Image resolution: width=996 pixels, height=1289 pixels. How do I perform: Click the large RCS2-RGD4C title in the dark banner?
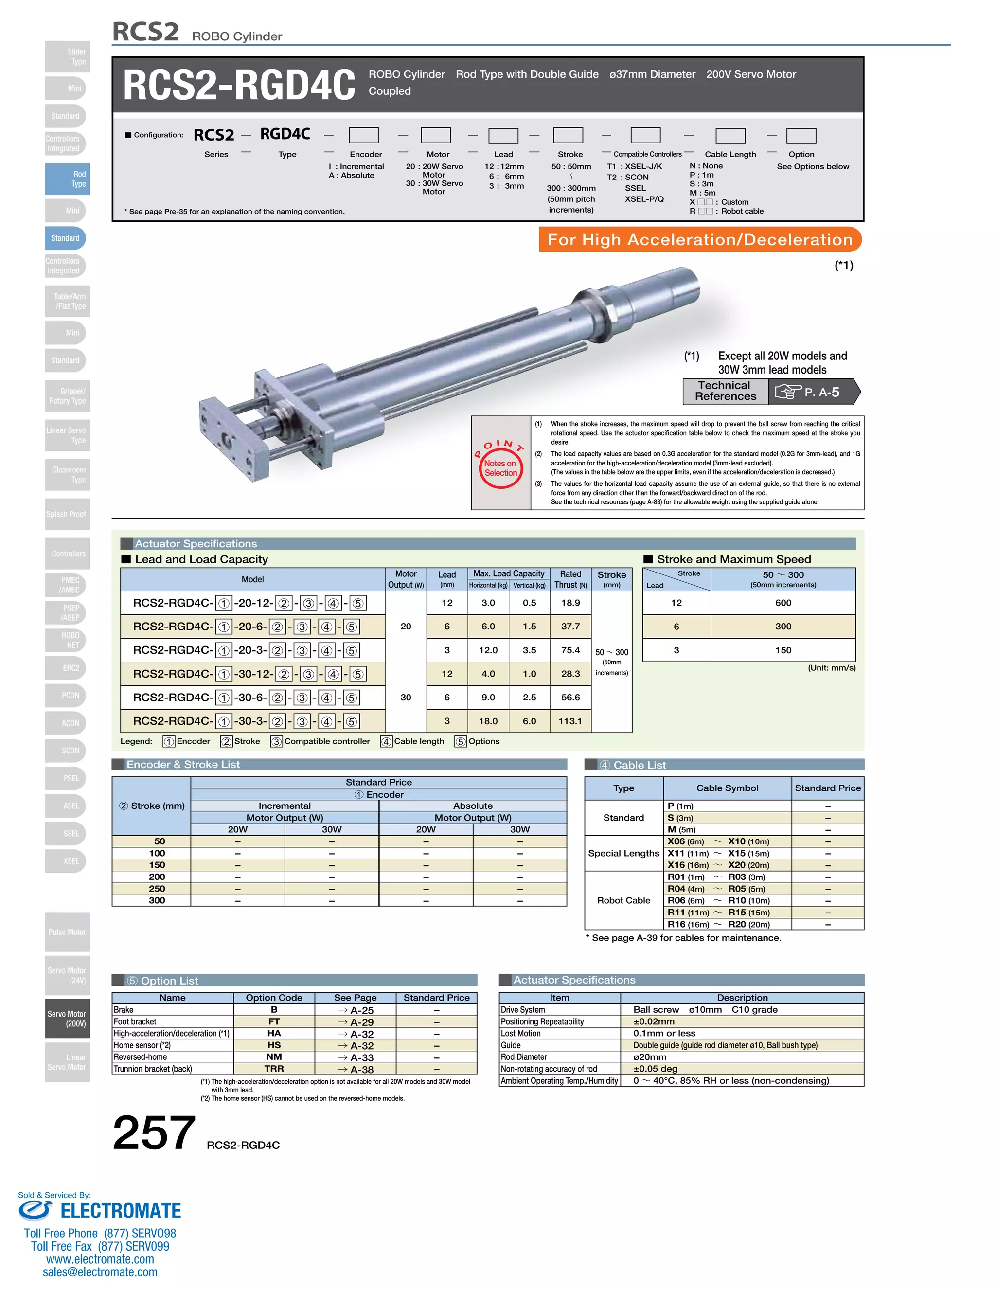239,85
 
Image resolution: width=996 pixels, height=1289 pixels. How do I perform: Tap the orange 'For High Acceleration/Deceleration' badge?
700,240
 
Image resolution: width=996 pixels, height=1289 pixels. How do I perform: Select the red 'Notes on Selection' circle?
500,467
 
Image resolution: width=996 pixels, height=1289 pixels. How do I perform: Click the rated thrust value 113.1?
570,721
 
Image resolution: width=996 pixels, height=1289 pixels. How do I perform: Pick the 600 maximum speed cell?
783,603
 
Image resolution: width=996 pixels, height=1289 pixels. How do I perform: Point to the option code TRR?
274,1069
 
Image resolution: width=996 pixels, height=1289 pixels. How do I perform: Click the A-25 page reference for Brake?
356,1010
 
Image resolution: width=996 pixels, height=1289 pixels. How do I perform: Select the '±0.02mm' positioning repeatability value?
654,1021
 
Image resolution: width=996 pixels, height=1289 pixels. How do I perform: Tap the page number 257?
154,1132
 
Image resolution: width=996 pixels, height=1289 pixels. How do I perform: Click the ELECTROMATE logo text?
121,1211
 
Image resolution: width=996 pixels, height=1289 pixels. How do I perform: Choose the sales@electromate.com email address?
100,1272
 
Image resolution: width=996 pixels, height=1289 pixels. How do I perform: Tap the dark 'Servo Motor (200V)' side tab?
67,1019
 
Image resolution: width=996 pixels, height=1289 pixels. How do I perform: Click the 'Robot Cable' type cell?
623,900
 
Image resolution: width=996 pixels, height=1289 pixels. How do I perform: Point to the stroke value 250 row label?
157,888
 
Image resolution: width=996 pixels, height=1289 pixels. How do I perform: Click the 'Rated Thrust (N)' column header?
570,579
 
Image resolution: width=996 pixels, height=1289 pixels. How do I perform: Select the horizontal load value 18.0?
488,721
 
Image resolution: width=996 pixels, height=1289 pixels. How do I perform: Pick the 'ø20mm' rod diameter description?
650,1057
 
